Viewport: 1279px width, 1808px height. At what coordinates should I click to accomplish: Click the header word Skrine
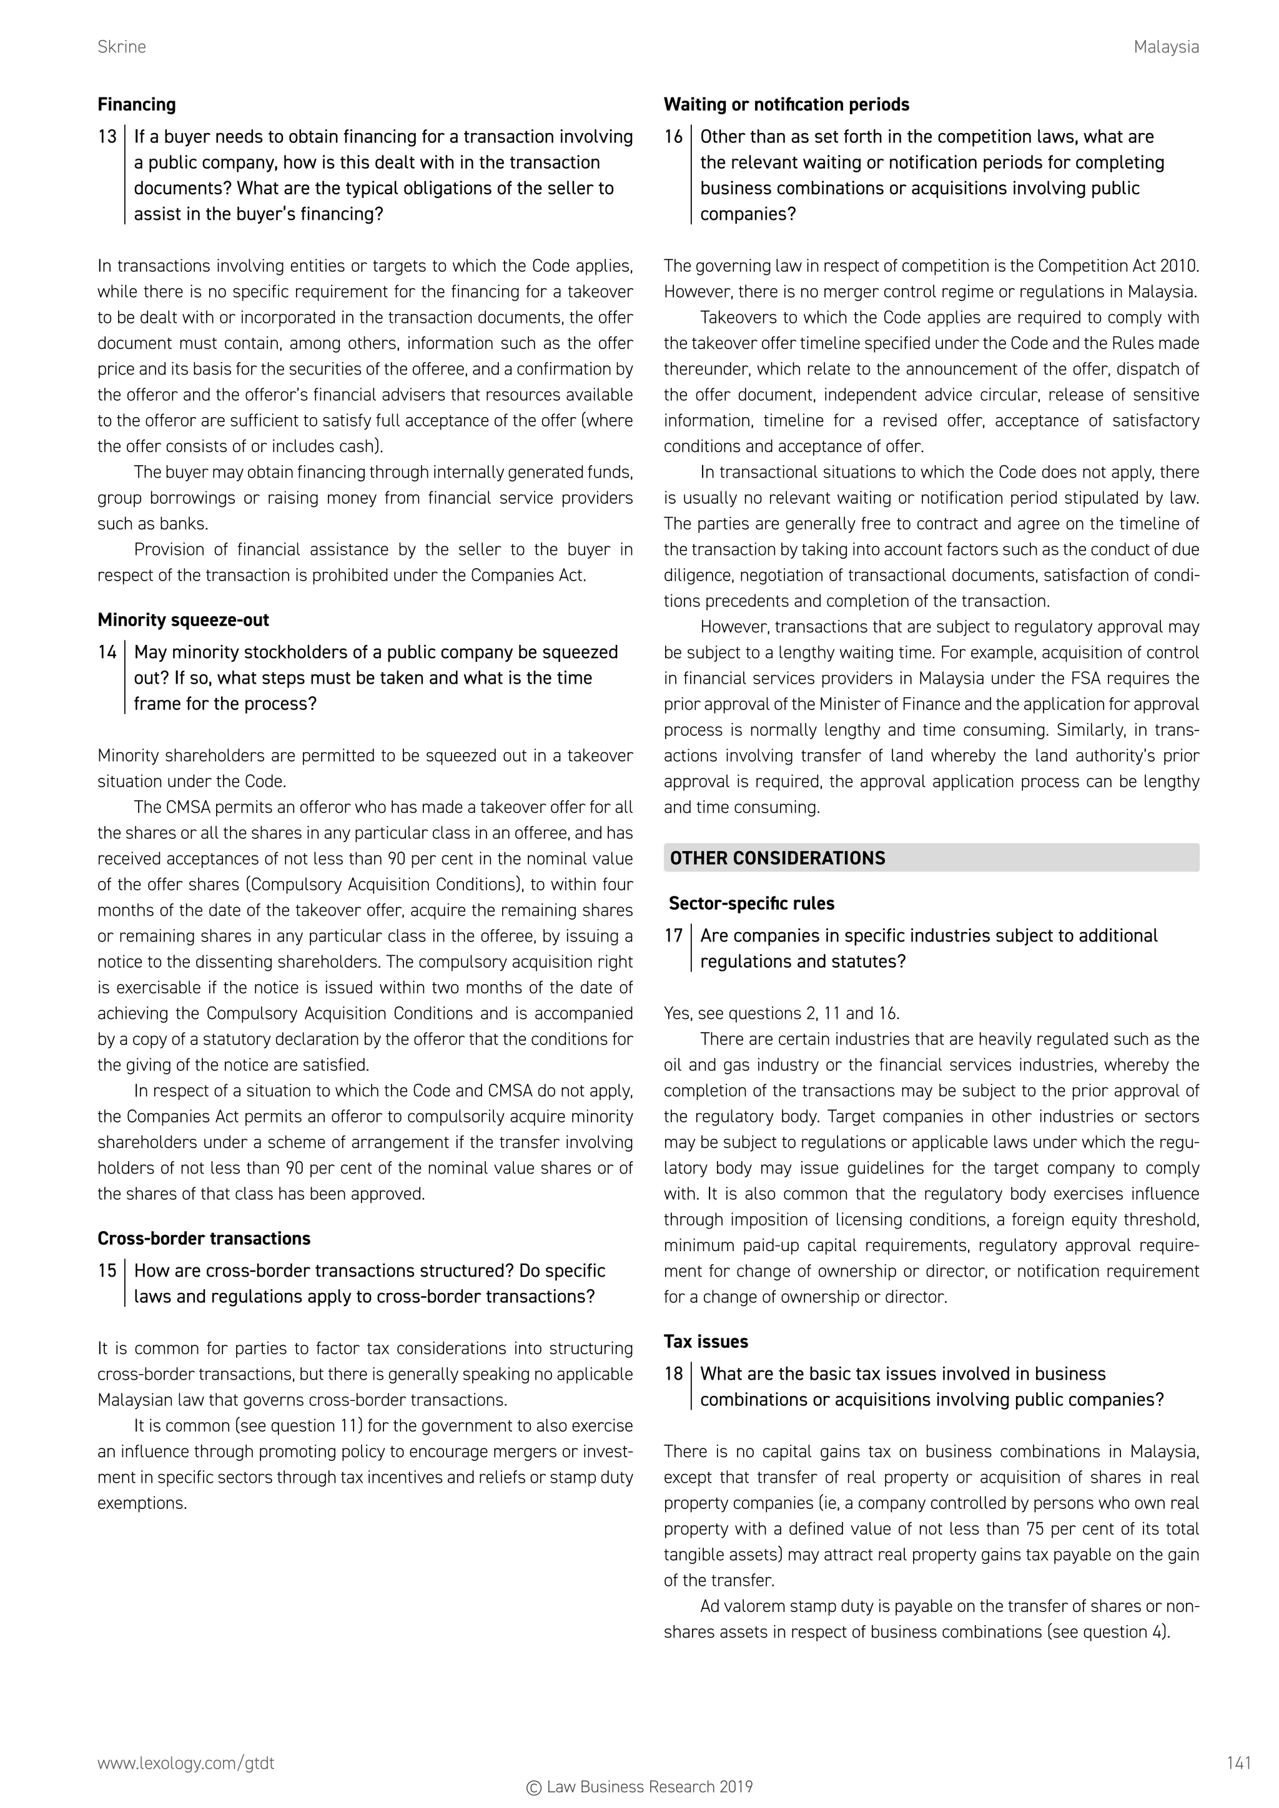(x=121, y=47)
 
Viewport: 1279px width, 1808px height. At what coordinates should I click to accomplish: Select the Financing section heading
(x=136, y=105)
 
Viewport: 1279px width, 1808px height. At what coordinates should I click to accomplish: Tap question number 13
(x=107, y=137)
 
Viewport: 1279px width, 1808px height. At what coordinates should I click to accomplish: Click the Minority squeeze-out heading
(x=183, y=620)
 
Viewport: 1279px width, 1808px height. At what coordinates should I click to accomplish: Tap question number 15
(x=107, y=1270)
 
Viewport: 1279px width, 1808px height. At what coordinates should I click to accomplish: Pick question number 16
(x=673, y=137)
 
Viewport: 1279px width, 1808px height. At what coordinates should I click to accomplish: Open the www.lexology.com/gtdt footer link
(x=186, y=1763)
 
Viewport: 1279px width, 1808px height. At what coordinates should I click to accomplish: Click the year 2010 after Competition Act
(x=1178, y=266)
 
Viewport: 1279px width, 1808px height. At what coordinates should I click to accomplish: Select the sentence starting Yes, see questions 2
(x=781, y=1013)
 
